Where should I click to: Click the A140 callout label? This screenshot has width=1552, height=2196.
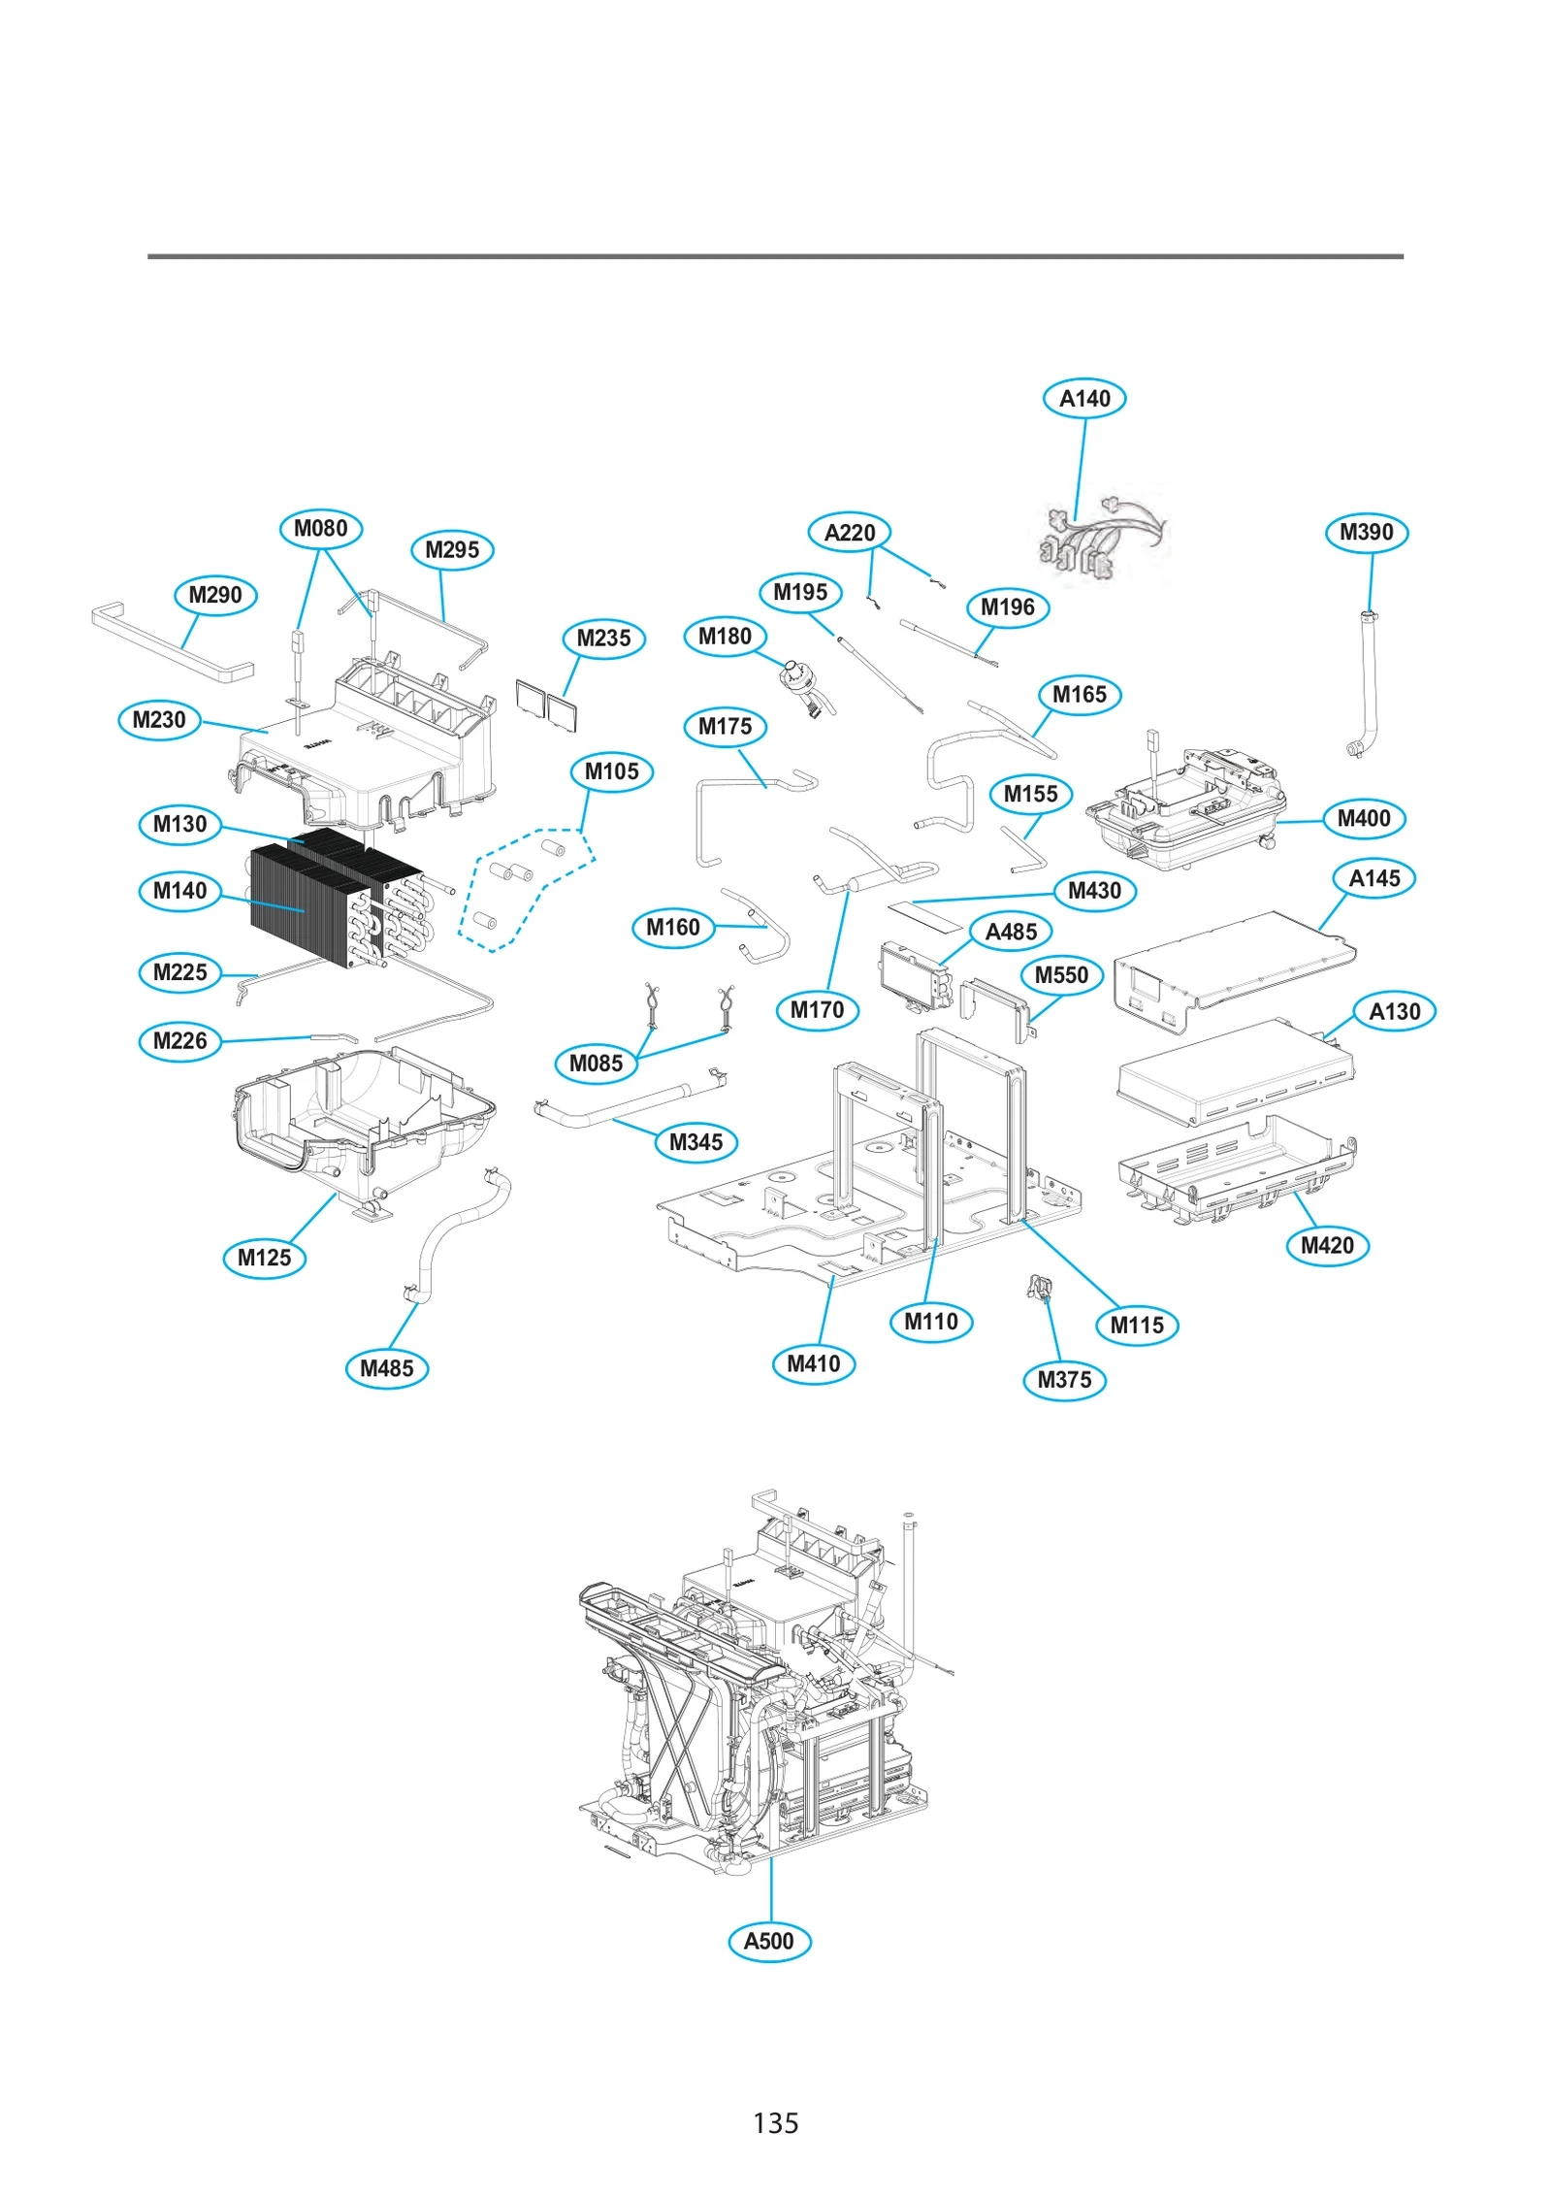click(1083, 398)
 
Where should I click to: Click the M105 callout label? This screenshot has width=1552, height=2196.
click(611, 771)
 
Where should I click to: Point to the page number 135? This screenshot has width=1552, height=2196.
click(775, 2122)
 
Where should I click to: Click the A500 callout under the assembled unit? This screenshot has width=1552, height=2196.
click(768, 1941)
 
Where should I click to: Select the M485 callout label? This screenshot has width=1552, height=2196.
click(386, 1368)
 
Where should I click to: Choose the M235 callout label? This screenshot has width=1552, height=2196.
click(603, 639)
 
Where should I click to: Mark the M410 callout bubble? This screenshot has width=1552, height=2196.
click(813, 1363)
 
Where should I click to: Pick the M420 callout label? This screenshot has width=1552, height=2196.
click(1326, 1245)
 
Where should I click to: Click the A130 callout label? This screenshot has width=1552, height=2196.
click(1393, 1011)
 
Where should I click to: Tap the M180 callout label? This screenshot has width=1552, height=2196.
click(725, 637)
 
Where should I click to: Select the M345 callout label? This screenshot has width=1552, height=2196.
click(695, 1142)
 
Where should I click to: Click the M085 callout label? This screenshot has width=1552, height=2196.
click(596, 1064)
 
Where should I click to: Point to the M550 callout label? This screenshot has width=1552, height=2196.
click(1061, 975)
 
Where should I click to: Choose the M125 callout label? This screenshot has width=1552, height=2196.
click(264, 1258)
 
